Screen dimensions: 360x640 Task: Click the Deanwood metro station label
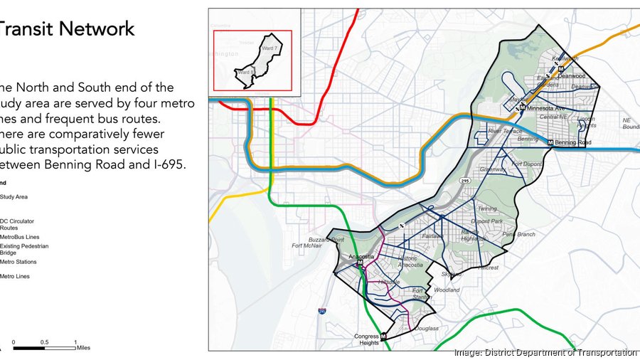pos(572,74)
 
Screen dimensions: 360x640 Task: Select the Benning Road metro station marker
pos(551,142)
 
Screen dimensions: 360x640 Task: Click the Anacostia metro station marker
pos(360,263)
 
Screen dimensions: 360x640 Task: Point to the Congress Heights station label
pos(368,339)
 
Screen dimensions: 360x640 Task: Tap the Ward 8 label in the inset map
pos(245,72)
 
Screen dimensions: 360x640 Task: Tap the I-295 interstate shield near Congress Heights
pos(322,310)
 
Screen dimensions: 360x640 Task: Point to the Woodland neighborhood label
pos(447,290)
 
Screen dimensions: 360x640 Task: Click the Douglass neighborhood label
pos(427,329)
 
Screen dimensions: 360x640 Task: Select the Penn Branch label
pos(518,234)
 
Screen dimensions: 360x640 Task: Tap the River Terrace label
pos(505,131)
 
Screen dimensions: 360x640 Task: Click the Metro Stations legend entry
pos(19,262)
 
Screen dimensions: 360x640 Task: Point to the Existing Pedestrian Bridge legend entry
pos(24,249)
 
